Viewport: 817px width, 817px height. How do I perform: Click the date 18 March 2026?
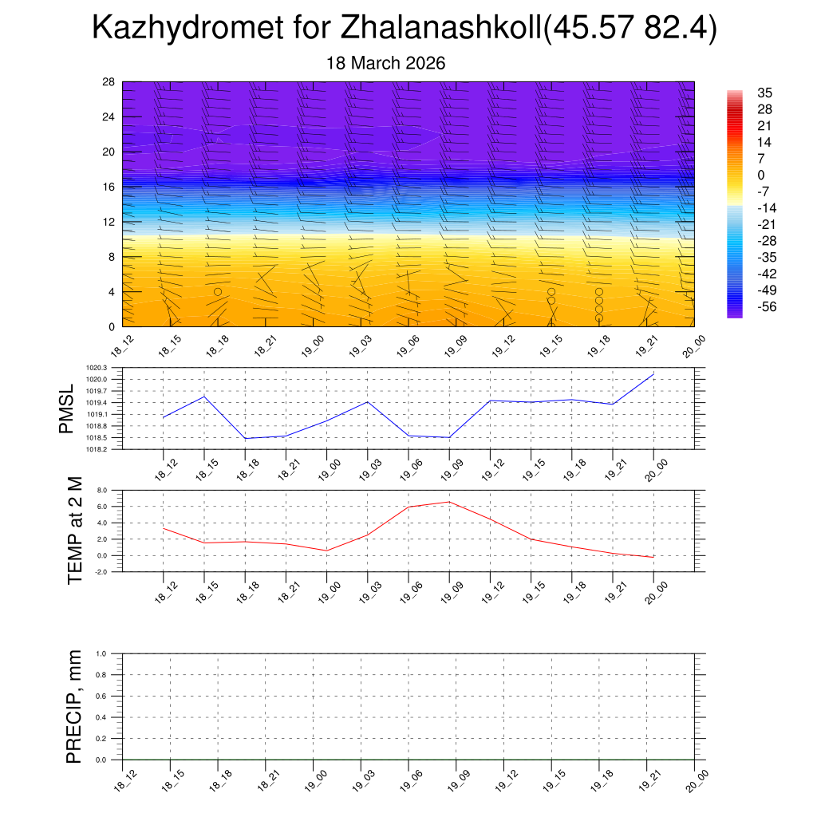[x=386, y=63]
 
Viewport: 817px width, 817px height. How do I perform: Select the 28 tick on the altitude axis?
[x=109, y=82]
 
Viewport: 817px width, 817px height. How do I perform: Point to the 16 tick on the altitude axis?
[x=109, y=187]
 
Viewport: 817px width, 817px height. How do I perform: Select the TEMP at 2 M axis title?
[x=76, y=531]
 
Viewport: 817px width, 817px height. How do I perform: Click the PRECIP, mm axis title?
[x=74, y=706]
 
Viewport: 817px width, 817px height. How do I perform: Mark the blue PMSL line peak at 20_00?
[x=653, y=374]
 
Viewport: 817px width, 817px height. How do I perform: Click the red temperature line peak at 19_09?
[x=449, y=502]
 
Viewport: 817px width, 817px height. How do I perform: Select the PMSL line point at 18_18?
[x=245, y=438]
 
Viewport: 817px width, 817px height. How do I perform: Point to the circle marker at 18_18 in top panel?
[x=217, y=292]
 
